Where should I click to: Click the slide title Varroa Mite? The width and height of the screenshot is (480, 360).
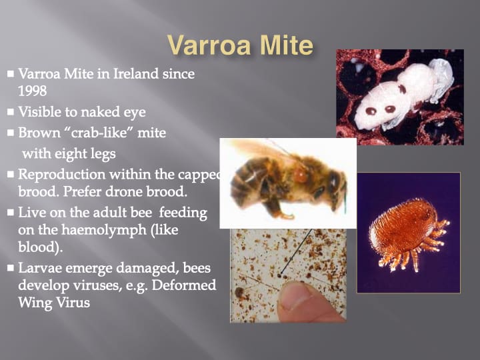click(x=241, y=45)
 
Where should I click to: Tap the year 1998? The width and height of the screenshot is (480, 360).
click(x=33, y=91)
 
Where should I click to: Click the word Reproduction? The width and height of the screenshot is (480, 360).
click(x=62, y=175)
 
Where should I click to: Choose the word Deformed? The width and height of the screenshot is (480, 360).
click(x=184, y=285)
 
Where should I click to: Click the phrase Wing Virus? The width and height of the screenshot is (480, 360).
click(x=54, y=303)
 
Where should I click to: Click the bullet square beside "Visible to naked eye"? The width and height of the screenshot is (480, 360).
click(x=11, y=112)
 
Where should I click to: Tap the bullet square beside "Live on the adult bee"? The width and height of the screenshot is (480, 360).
click(x=11, y=213)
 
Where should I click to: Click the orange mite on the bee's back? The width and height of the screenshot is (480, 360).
click(x=300, y=175)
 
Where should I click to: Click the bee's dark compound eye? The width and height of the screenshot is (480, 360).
click(x=334, y=180)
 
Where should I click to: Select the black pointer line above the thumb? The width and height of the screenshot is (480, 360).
click(x=296, y=251)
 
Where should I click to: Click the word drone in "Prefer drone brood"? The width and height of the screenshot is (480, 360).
click(x=124, y=191)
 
